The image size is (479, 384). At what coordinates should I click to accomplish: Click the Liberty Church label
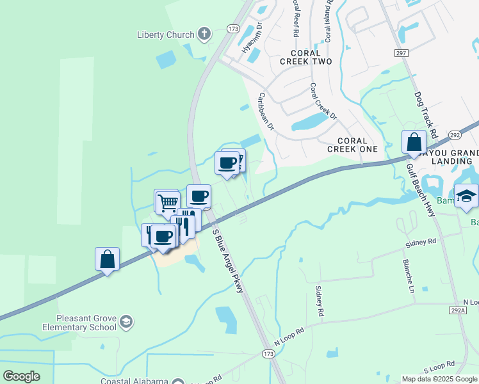166,35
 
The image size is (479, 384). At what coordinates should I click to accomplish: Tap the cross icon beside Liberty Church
204,34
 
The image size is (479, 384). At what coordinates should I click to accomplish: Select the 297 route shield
402,54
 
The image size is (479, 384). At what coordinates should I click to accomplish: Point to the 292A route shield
457,310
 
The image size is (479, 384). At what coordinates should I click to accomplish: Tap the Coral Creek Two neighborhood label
306,57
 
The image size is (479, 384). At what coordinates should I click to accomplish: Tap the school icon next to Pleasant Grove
127,321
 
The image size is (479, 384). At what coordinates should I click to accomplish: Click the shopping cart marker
167,202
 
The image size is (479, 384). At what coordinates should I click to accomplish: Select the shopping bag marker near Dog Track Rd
414,143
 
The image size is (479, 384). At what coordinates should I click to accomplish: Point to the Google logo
21,376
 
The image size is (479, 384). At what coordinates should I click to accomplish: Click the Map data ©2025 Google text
439,379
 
